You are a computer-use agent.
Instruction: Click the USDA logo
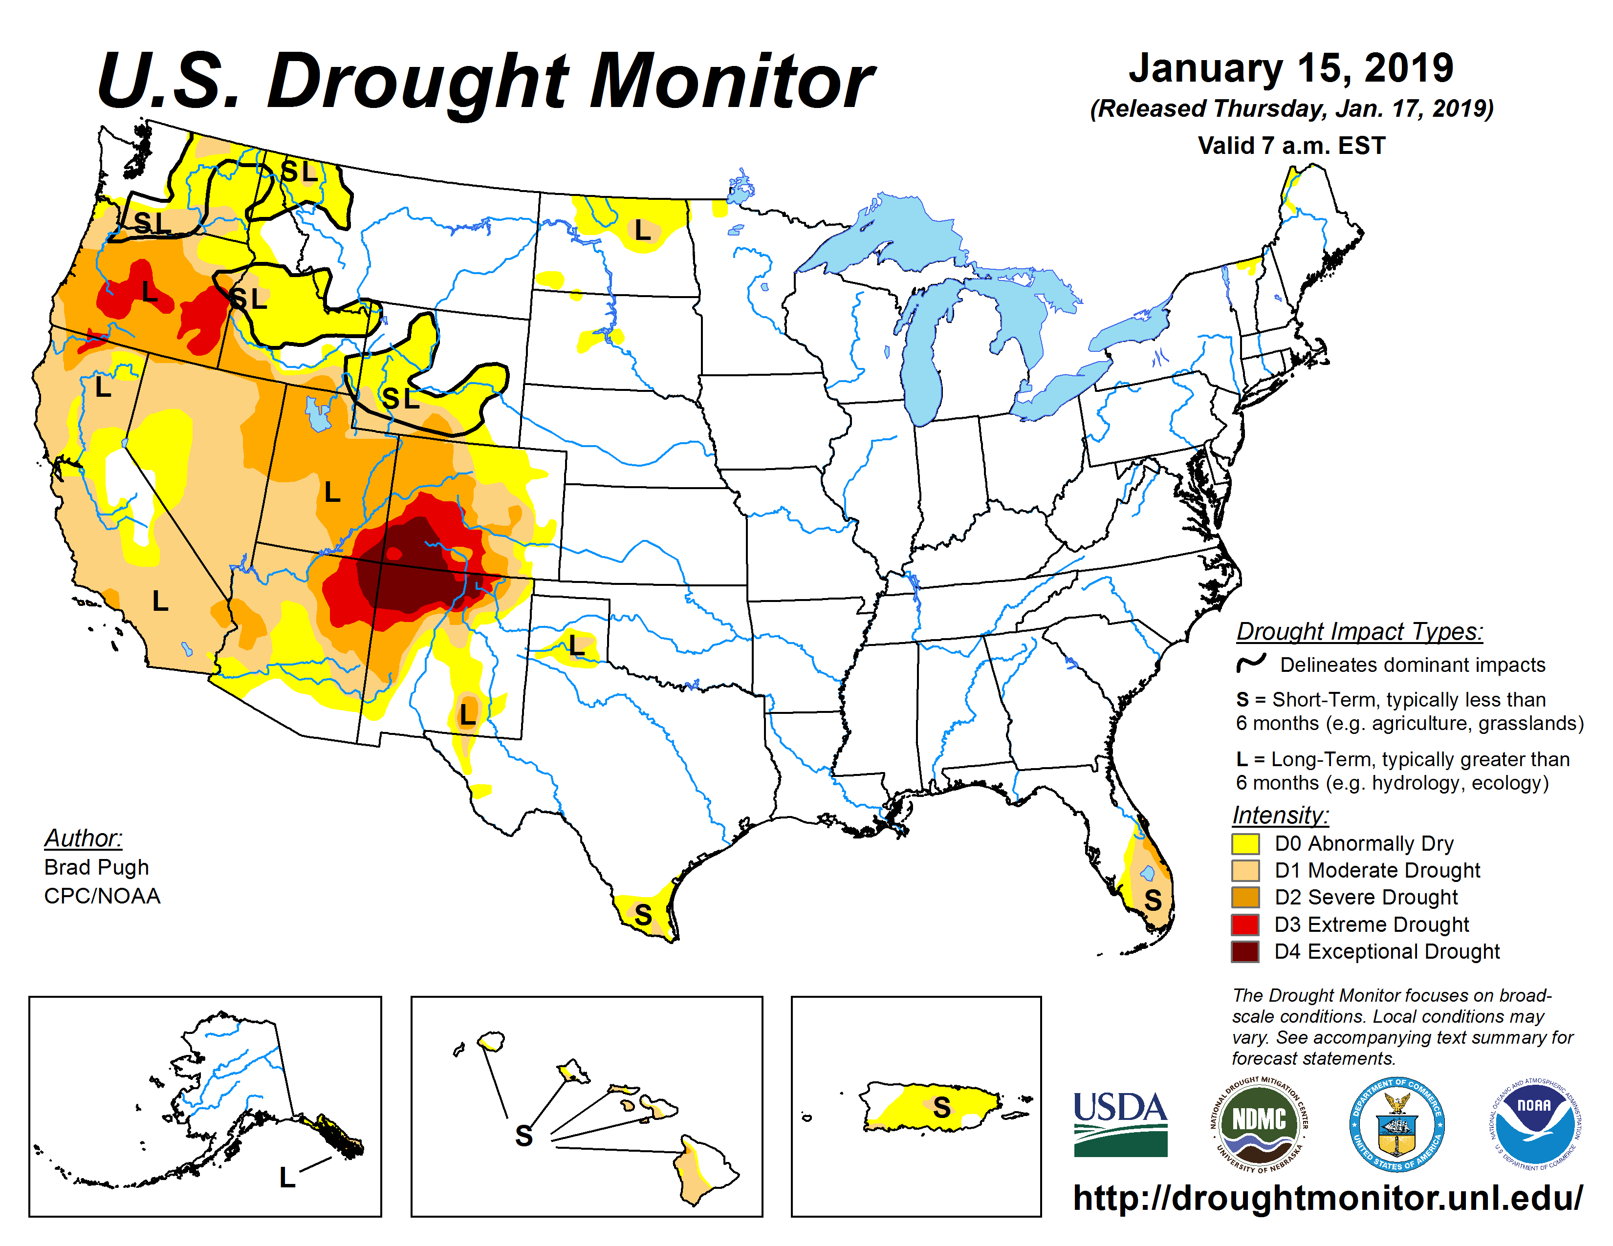tap(1120, 1123)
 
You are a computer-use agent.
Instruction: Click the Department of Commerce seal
tap(1396, 1123)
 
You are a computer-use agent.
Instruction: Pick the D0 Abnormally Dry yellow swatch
tap(1245, 843)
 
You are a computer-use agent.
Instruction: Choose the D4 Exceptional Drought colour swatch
tap(1245, 951)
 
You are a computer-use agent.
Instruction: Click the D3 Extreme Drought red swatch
tap(1245, 924)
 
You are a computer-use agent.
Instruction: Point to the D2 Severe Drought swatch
tap(1245, 897)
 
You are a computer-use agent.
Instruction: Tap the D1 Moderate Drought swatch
tap(1245, 870)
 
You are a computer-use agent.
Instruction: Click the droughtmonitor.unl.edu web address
tap(1327, 1197)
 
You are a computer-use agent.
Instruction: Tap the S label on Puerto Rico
tap(942, 1107)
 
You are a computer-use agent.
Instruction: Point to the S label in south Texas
tap(643, 915)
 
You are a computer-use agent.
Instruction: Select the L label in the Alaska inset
tap(287, 1178)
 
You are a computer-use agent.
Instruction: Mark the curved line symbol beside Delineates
tap(1252, 663)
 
